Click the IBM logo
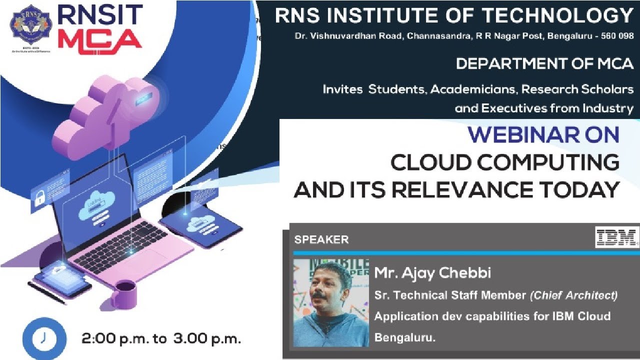(616, 237)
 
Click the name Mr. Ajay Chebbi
(432, 273)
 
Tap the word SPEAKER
(321, 239)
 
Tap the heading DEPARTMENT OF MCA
(544, 63)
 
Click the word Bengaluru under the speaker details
(404, 337)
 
